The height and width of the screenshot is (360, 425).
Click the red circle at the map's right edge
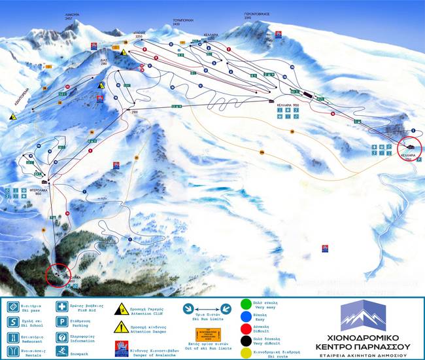click(411, 148)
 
